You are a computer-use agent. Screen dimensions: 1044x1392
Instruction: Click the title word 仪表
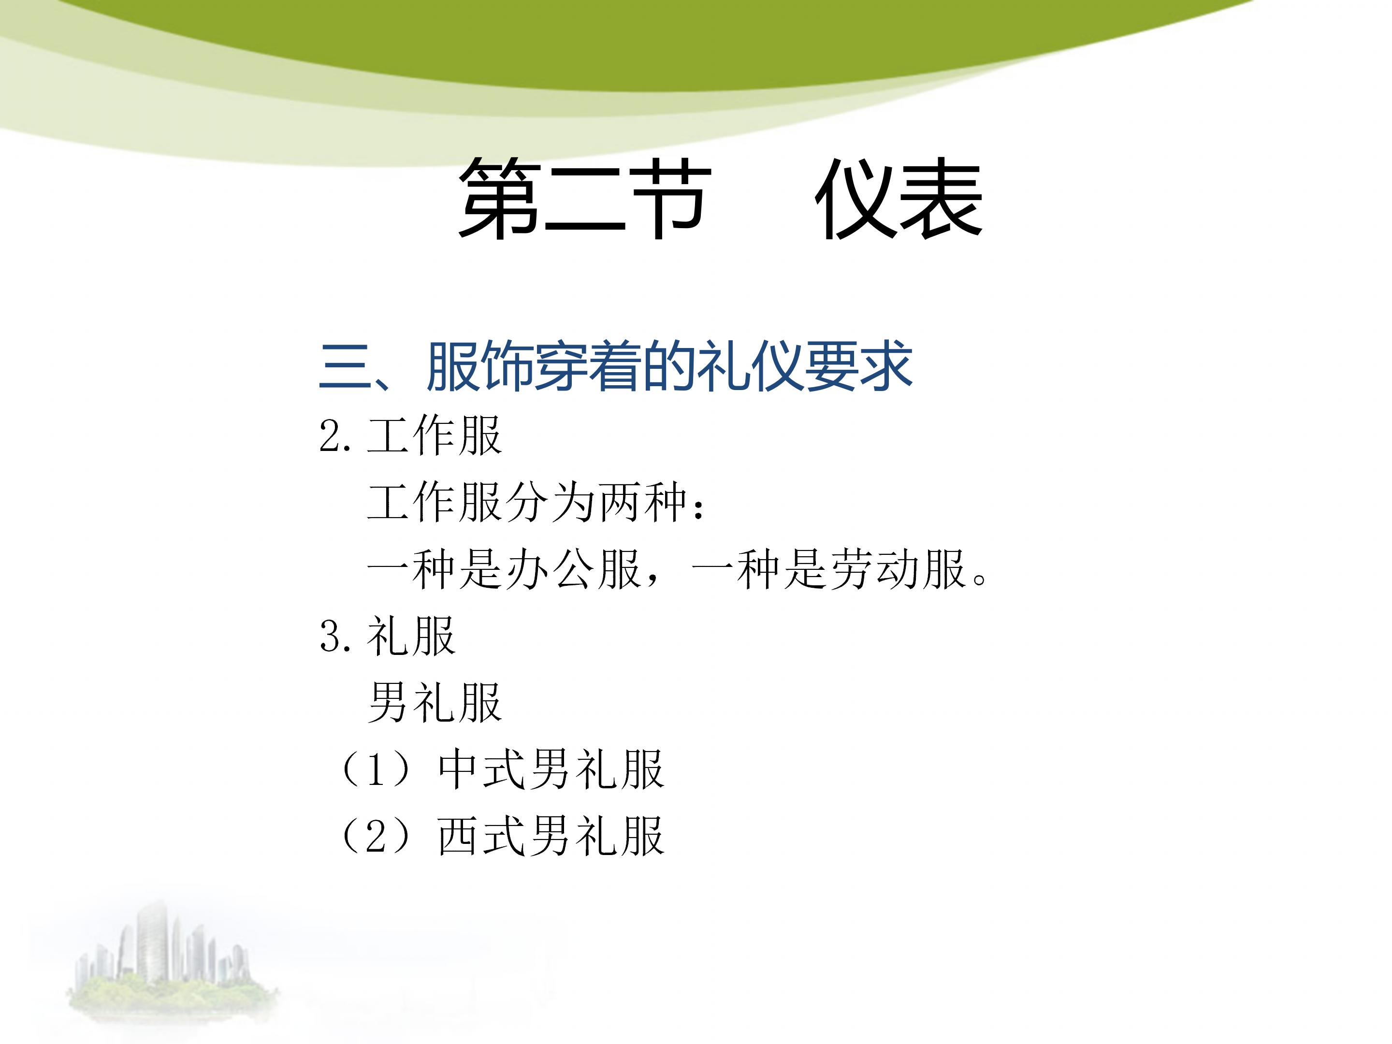point(898,199)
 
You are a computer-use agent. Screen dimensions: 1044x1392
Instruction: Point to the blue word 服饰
point(479,367)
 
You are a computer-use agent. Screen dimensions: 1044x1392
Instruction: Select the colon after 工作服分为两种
point(697,505)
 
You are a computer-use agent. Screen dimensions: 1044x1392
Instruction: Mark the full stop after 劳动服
point(979,579)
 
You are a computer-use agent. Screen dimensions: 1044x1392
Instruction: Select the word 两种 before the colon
point(642,504)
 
